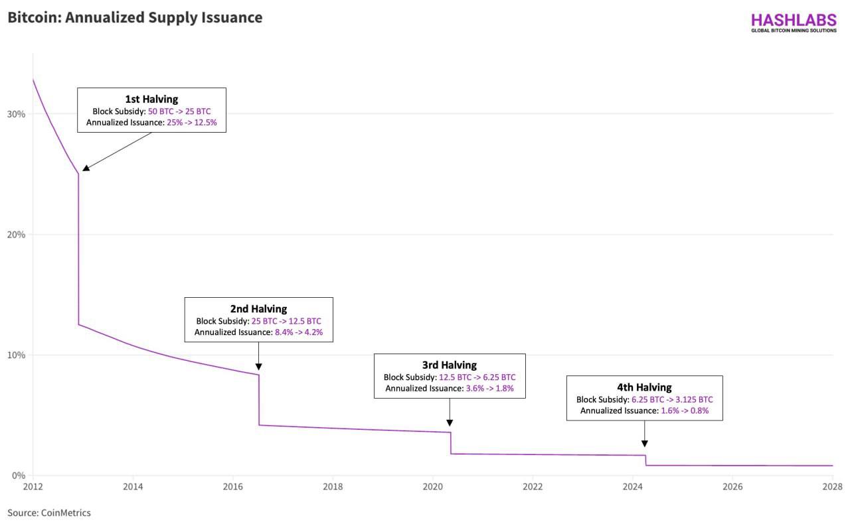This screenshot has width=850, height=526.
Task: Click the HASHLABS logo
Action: click(794, 23)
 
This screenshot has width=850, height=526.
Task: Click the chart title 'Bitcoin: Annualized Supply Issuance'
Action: click(135, 18)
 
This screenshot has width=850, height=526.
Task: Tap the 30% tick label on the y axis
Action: click(16, 114)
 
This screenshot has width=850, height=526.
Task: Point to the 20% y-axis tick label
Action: click(16, 235)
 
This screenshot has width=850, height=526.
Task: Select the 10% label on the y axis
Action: click(16, 355)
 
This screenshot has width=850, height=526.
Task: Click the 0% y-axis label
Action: click(18, 476)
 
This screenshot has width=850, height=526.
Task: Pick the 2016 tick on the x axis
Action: click(232, 487)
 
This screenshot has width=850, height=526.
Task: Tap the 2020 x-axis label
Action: click(432, 487)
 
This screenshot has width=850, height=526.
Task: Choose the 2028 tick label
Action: click(832, 487)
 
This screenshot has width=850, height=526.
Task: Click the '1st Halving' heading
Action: click(152, 99)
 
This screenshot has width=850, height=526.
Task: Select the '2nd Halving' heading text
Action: click(259, 309)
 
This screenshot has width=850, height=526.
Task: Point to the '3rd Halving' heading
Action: click(450, 365)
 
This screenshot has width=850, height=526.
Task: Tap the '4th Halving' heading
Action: click(644, 387)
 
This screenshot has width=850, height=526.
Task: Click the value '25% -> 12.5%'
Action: click(192, 123)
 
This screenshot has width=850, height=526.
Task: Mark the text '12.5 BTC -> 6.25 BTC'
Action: click(477, 377)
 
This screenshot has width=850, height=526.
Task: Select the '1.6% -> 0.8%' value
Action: click(685, 411)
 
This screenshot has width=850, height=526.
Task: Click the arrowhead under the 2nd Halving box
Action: click(259, 367)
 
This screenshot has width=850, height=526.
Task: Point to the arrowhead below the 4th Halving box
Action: click(644, 444)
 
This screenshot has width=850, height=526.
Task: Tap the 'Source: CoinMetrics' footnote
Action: click(49, 513)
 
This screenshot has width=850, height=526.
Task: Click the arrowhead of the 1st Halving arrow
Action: click(86, 168)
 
